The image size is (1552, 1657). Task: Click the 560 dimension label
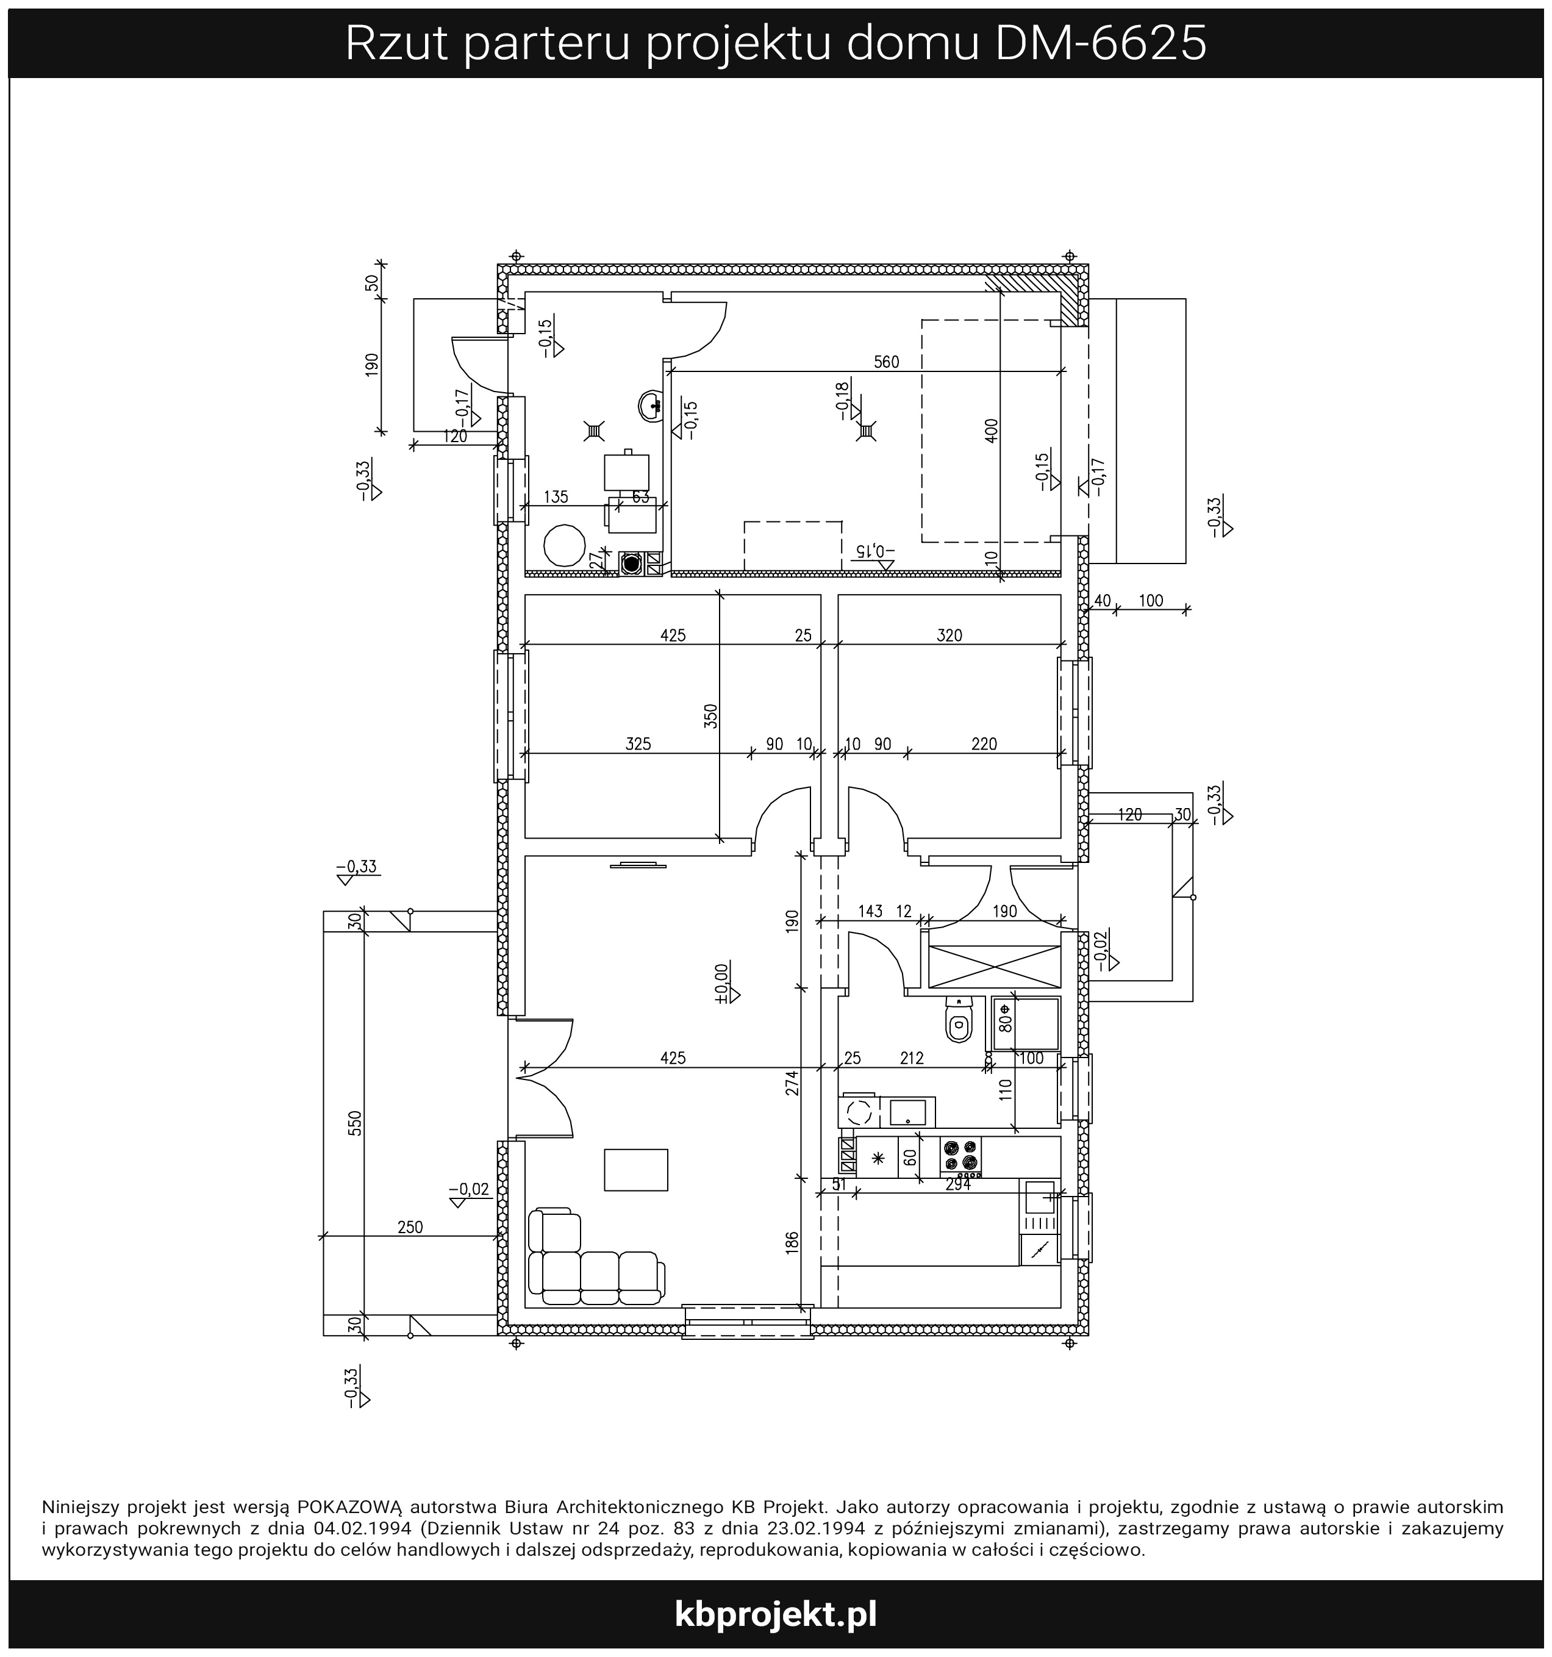click(886, 362)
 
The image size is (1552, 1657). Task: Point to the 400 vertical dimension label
click(991, 430)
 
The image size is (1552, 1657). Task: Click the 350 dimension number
click(710, 716)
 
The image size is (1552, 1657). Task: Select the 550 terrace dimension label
click(355, 1123)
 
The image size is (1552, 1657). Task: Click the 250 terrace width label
click(410, 1227)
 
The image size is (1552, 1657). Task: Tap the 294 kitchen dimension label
click(959, 1184)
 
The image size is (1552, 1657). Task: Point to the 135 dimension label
click(556, 497)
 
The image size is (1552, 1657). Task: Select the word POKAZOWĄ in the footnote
click(350, 1507)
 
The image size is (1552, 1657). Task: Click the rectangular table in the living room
click(636, 1169)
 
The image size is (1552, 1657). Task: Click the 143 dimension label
click(870, 911)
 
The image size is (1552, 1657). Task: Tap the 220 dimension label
click(984, 743)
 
